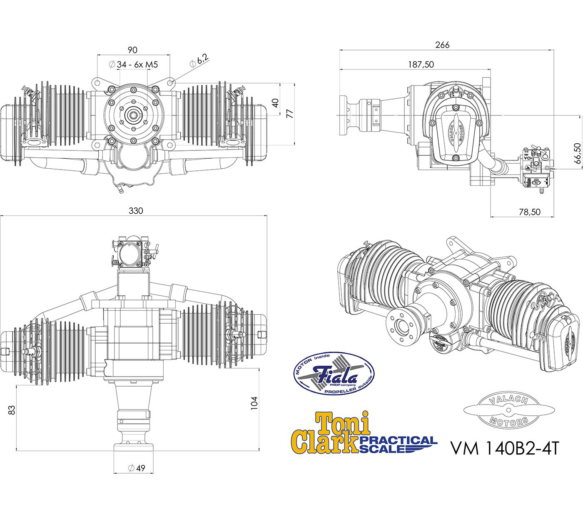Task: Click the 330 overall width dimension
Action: (136, 211)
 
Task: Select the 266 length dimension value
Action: (442, 45)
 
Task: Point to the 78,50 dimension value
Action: (529, 212)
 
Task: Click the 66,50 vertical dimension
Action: (577, 154)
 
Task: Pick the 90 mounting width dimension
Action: (132, 50)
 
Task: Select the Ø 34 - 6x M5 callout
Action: (133, 65)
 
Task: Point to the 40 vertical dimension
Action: (275, 103)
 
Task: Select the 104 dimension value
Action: (254, 403)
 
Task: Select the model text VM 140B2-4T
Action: (503, 448)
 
